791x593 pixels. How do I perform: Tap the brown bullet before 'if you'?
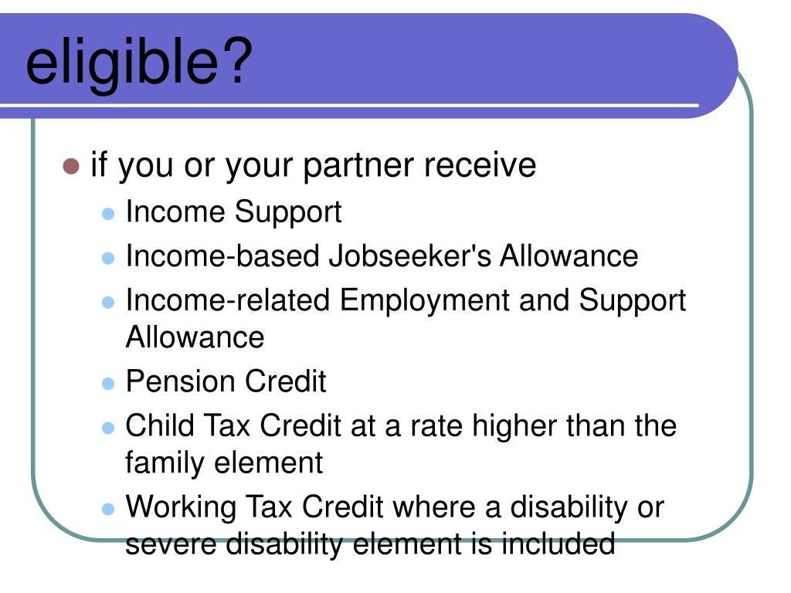(x=71, y=166)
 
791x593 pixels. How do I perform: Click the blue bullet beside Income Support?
(x=109, y=213)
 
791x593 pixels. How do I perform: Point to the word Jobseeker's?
(x=410, y=256)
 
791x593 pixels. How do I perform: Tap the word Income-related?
(x=228, y=300)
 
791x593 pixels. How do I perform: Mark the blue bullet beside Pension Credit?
(x=109, y=384)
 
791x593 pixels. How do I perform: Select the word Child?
(x=160, y=425)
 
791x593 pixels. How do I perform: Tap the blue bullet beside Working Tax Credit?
(x=109, y=510)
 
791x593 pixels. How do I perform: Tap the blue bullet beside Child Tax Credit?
(x=109, y=427)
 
